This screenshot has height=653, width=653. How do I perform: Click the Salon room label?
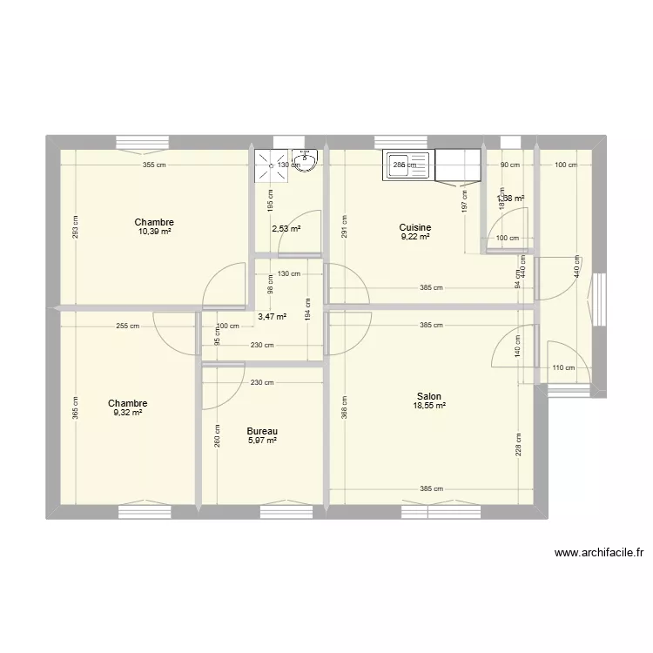[x=428, y=396]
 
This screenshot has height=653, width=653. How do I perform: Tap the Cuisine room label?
[x=415, y=228]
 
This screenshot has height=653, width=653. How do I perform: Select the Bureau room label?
[x=262, y=431]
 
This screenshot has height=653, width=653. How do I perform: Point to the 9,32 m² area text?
[x=127, y=413]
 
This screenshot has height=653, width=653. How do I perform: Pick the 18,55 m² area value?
[x=429, y=406]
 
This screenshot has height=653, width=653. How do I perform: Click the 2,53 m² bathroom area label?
[x=286, y=229]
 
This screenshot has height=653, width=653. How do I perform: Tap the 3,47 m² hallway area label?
[x=272, y=317]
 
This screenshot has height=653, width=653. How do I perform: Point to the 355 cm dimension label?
[x=155, y=165]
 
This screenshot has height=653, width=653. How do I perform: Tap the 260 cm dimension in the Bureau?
[x=216, y=434]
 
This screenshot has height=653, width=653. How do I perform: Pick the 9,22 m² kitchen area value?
[x=415, y=237]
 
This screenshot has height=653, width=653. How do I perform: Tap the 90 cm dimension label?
[x=508, y=165]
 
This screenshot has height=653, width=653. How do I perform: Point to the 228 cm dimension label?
[x=520, y=444]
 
